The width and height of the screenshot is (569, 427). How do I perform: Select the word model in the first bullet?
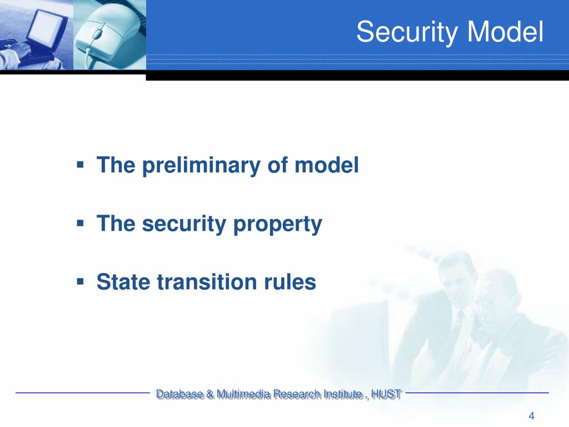tap(328, 166)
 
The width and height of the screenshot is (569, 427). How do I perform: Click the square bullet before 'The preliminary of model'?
tap(81, 165)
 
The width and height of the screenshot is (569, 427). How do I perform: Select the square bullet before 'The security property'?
tap(81, 223)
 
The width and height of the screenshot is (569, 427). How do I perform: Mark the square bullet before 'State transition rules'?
tap(81, 281)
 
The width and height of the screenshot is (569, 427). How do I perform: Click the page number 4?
tap(531, 416)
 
